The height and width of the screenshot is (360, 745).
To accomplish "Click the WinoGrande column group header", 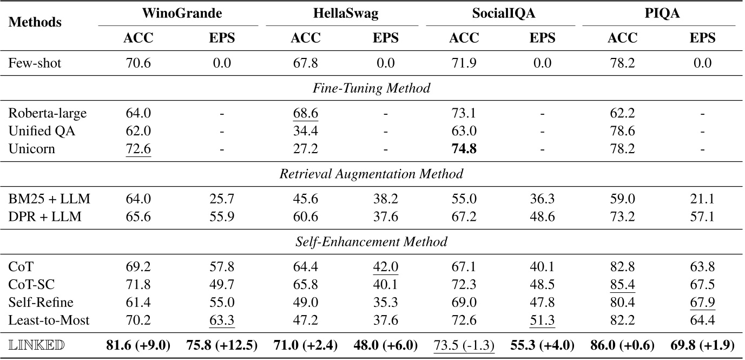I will click(178, 14).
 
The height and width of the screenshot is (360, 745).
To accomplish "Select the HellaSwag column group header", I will click(345, 14).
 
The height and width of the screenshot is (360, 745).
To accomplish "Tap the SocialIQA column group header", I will click(500, 14).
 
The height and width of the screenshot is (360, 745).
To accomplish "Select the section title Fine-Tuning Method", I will click(372, 88).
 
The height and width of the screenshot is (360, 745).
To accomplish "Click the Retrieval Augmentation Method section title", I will click(372, 174).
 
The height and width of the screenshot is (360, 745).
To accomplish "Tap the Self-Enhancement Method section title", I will click(372, 242).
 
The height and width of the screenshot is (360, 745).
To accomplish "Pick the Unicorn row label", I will click(31, 149).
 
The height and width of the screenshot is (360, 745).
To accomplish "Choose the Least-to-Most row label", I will click(49, 320).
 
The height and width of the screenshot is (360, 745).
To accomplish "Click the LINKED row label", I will click(36, 345).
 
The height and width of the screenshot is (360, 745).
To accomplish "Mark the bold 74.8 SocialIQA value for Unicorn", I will click(464, 149).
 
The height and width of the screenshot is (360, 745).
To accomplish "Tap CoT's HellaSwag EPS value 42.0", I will click(385, 267).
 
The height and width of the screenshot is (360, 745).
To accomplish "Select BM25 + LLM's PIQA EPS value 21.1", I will click(702, 199).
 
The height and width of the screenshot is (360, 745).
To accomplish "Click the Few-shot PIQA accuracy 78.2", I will click(622, 63).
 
